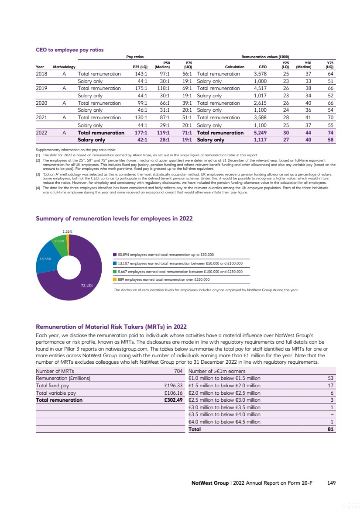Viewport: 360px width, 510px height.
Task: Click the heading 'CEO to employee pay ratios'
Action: coord(70,50)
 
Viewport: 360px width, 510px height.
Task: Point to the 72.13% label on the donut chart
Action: coord(87,286)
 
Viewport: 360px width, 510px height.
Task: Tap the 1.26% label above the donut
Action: coord(67,231)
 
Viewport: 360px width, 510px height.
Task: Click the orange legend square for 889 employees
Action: coord(115,279)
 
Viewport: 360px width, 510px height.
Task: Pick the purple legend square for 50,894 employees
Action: coord(115,255)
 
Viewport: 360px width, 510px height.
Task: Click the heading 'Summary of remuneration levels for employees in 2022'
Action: coord(114,218)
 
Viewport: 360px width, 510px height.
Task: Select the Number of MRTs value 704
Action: coord(178,371)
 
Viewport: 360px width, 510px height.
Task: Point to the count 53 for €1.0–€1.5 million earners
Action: coord(330,378)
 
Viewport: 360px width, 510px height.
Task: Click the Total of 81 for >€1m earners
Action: coord(330,429)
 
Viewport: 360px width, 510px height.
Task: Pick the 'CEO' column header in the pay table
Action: coord(263,67)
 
